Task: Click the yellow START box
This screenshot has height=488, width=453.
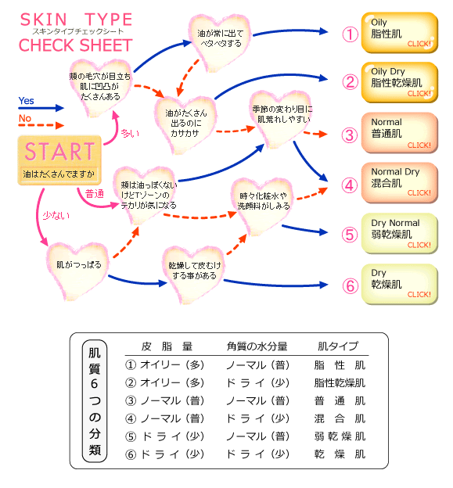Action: click(59, 160)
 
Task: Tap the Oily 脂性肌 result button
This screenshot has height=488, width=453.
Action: click(400, 33)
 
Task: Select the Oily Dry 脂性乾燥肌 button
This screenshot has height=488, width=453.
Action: click(400, 82)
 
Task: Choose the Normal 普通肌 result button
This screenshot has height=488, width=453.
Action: click(400, 133)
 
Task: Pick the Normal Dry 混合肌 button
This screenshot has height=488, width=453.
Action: click(400, 183)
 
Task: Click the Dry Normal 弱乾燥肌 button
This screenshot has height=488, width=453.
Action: click(400, 233)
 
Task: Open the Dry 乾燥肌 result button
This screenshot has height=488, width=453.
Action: click(400, 284)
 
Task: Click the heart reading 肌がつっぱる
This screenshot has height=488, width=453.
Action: click(77, 268)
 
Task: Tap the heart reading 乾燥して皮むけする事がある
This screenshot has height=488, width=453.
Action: click(194, 272)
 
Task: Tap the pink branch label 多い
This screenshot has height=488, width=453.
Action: click(130, 133)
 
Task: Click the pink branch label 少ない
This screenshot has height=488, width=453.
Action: click(56, 215)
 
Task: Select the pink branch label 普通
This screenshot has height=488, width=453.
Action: click(95, 194)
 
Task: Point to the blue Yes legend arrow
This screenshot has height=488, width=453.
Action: click(41, 108)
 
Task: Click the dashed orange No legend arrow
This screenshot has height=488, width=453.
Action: click(41, 125)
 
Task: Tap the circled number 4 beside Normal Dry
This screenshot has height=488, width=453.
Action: click(350, 185)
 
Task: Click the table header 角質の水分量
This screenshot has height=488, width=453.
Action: click(257, 346)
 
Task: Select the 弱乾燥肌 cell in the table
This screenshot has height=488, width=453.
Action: click(340, 436)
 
